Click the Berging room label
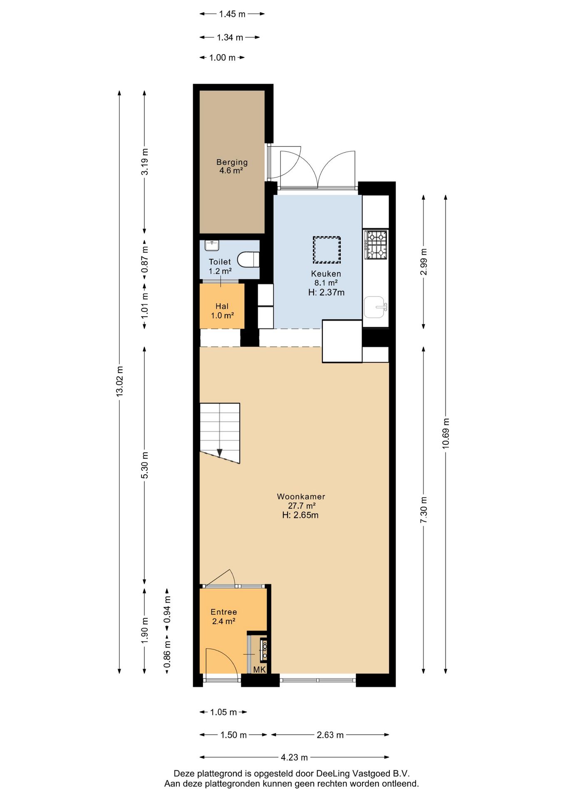tap(232, 162)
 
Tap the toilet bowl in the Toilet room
tap(248, 260)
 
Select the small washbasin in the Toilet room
tap(212, 246)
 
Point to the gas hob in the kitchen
tap(376, 245)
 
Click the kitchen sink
tap(375, 307)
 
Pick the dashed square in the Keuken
tap(327, 250)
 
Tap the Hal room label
tap(222, 306)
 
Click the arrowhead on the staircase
tap(219, 453)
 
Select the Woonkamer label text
tap(301, 496)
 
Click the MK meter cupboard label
tap(259, 670)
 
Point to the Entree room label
tap(223, 612)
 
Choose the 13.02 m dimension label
tap(120, 381)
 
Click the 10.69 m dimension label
tap(446, 433)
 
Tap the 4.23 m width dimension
tap(294, 757)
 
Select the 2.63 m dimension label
tap(330, 735)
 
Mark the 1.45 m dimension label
tap(232, 14)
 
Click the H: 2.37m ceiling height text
tap(326, 293)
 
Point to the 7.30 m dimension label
tap(424, 510)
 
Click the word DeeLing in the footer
tap(333, 774)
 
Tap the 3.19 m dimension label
tap(144, 161)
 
